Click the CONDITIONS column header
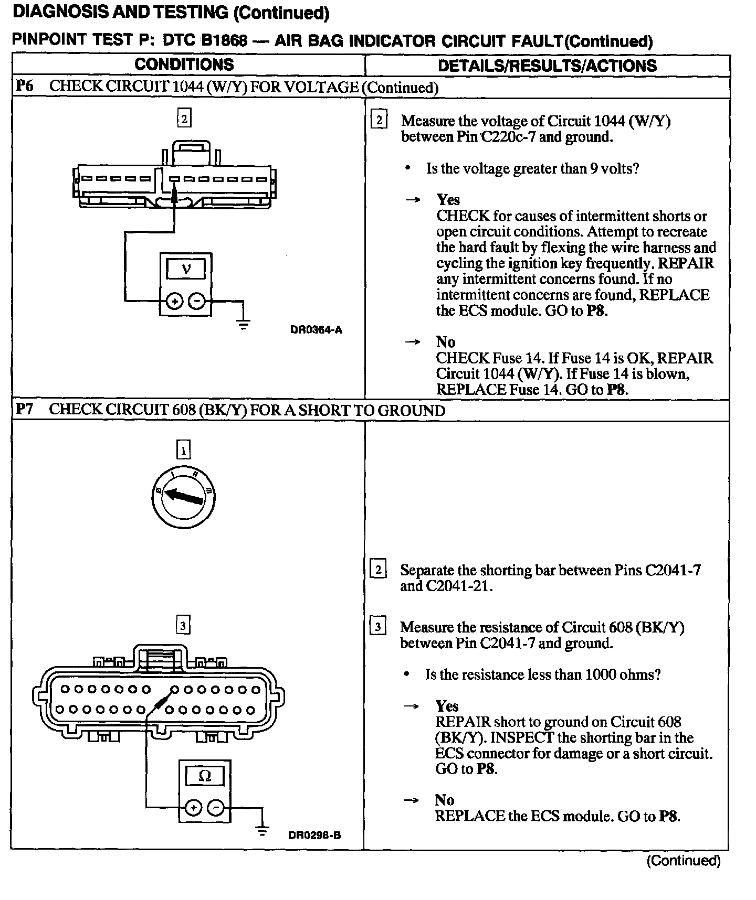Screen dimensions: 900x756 [x=184, y=65]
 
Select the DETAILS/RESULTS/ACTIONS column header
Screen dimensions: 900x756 [x=547, y=66]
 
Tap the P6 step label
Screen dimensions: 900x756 [x=25, y=86]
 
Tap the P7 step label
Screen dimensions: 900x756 [x=25, y=409]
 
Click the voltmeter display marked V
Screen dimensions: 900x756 [x=186, y=270]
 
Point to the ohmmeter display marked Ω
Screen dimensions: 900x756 [x=205, y=776]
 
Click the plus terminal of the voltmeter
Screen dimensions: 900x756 [x=174, y=301]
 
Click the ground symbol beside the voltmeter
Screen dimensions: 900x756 [x=243, y=324]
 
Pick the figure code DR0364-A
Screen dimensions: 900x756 [x=316, y=330]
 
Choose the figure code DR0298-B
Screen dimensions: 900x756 [x=314, y=835]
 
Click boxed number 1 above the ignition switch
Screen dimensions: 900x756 [x=183, y=450]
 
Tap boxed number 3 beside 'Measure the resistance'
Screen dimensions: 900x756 [x=377, y=627]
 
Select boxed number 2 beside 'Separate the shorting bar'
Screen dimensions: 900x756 [x=377, y=570]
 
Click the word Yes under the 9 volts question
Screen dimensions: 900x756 [x=448, y=200]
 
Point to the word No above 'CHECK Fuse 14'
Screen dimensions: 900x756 [x=445, y=342]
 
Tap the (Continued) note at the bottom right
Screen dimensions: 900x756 [x=684, y=861]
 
